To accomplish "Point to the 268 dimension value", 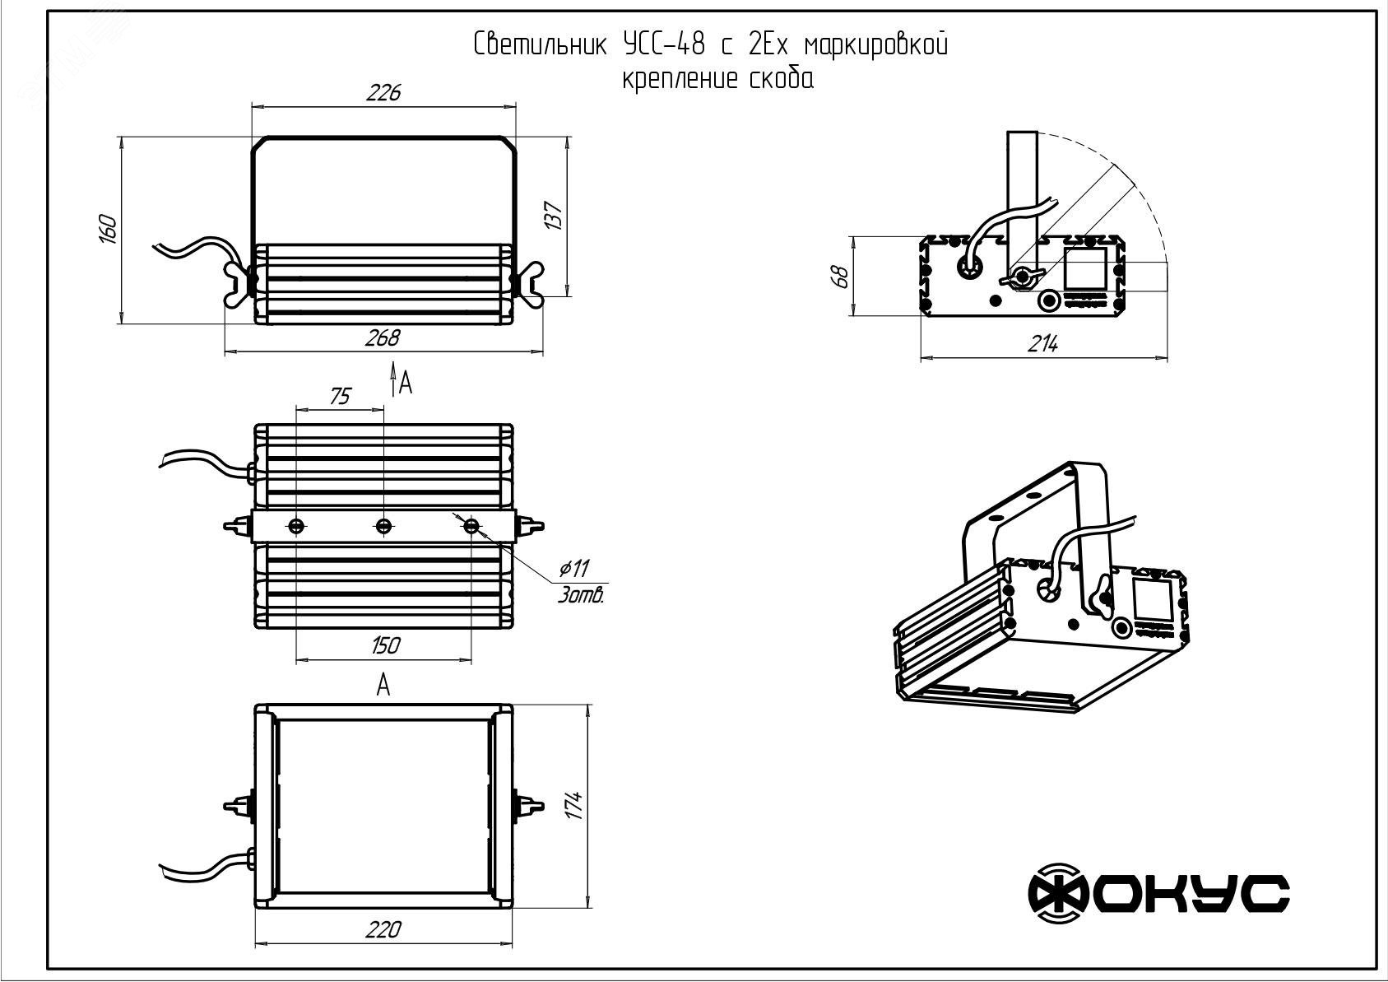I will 383,338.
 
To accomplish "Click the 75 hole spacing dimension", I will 339,397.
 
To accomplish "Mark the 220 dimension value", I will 383,929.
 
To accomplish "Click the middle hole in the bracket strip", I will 383,525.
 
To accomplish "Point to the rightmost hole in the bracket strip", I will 471,525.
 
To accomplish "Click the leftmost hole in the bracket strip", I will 295,525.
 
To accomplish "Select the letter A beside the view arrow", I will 404,383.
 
